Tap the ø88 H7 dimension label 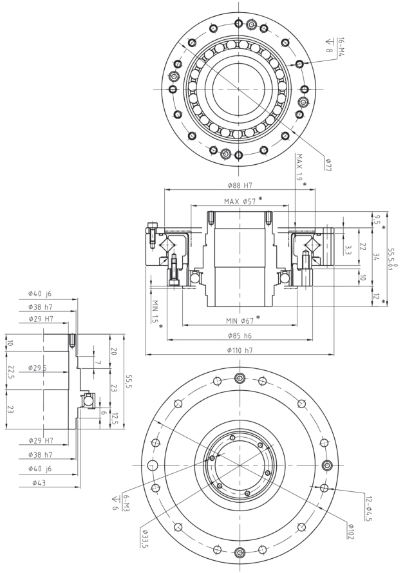point(240,185)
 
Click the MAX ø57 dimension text point(240,201)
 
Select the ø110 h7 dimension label point(240,350)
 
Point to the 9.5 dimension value point(378,219)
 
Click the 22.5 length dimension point(10,372)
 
